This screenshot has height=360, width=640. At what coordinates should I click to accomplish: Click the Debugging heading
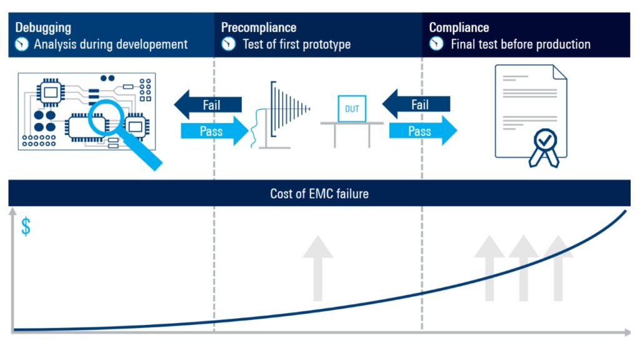(x=43, y=28)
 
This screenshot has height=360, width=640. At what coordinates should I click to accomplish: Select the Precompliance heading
(x=259, y=28)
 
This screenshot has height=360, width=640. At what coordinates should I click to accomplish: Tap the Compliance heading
(x=459, y=28)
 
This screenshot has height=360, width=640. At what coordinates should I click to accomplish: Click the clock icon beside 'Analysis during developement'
(x=22, y=44)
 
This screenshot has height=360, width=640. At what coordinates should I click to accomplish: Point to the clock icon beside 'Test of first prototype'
(x=229, y=44)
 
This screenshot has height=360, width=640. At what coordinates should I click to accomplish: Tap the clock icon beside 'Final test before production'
(x=436, y=44)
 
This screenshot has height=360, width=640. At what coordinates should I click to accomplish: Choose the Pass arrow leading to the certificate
(x=422, y=131)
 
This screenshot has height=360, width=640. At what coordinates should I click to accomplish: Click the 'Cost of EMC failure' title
(x=319, y=194)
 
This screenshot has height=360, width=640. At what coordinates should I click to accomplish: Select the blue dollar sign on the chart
(x=26, y=227)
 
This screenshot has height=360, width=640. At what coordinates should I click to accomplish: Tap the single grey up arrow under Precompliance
(x=317, y=269)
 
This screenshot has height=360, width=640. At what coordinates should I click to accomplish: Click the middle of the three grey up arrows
(x=524, y=269)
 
